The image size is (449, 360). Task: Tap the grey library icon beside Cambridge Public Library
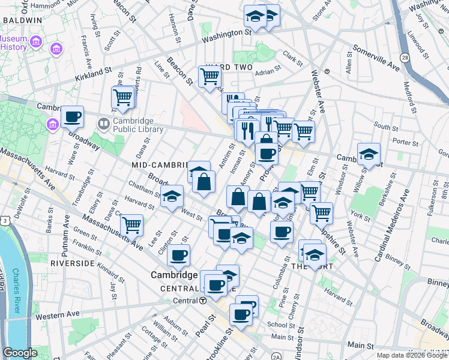(103, 124)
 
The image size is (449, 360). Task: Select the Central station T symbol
(203, 300)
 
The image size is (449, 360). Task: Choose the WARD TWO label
(229, 67)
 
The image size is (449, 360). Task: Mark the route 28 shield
(405, 57)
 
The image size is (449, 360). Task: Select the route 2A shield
(276, 356)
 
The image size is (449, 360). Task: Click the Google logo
(20, 353)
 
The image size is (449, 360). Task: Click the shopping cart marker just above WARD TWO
(209, 76)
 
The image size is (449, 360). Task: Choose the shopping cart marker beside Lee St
(131, 226)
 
